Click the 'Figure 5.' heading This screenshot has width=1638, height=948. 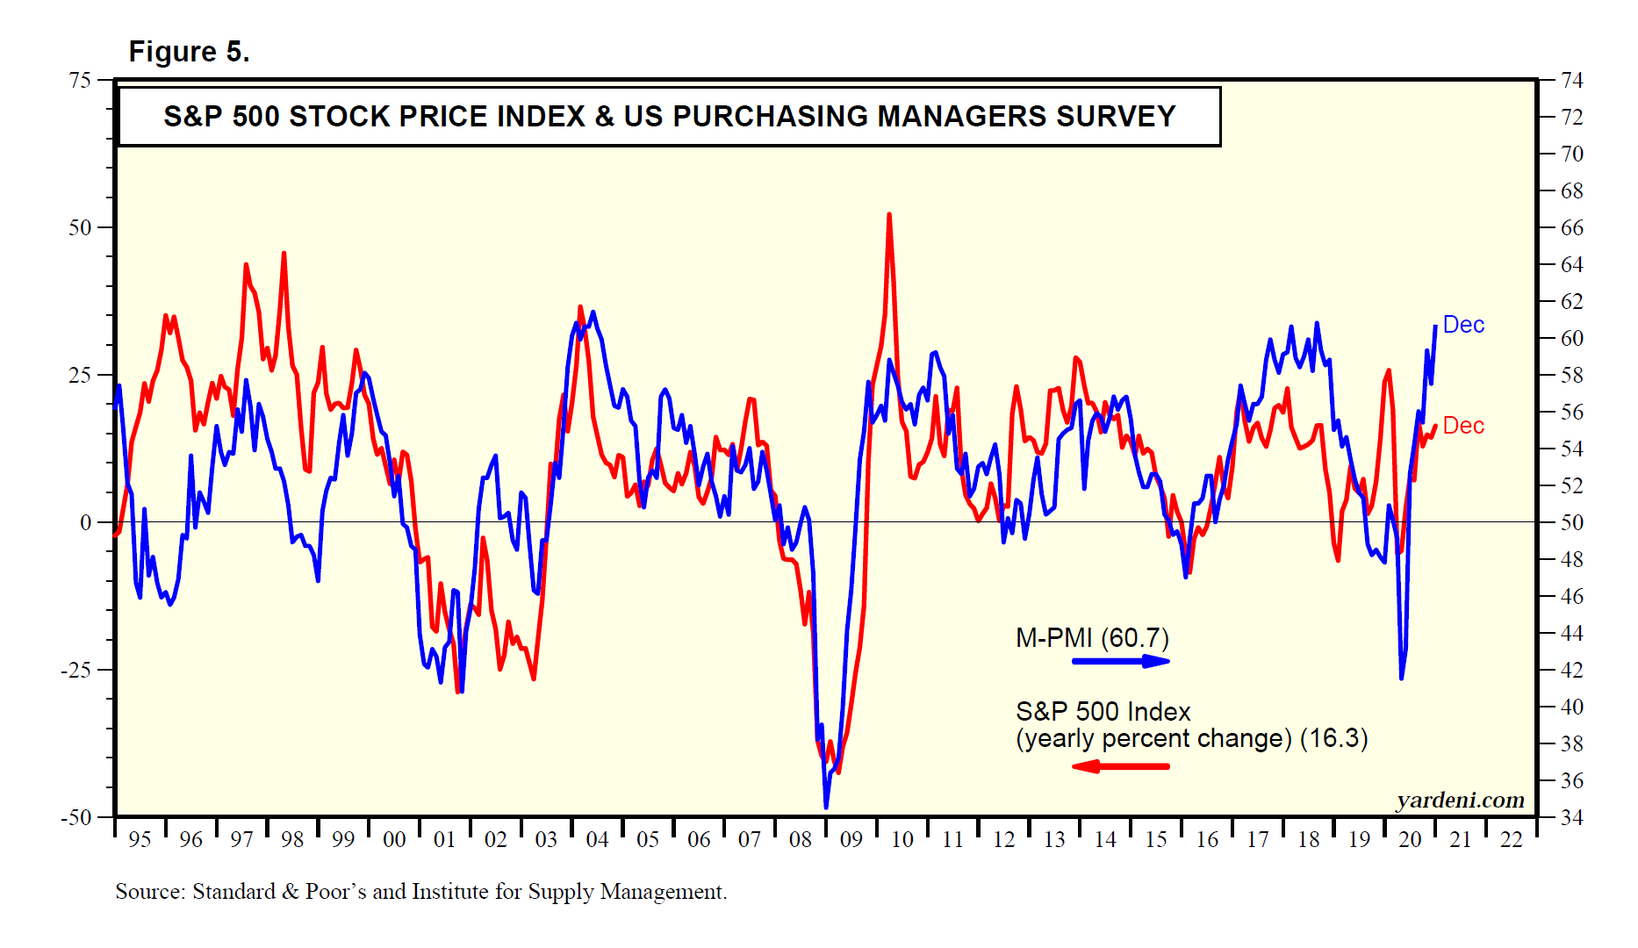coord(189,52)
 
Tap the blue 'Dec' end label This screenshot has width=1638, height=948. coord(1463,325)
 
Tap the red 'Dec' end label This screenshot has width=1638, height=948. coord(1463,426)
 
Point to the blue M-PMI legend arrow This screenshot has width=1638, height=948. coord(1121,661)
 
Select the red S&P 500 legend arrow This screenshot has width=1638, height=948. coord(1121,766)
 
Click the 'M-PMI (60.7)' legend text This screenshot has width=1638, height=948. coord(1092,637)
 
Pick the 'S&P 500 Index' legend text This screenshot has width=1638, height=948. coord(1103,711)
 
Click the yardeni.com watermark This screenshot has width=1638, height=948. coord(1460,800)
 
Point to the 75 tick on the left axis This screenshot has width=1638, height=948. coord(80,81)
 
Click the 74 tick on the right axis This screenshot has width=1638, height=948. coord(1572,81)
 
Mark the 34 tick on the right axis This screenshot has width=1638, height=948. coord(1572,817)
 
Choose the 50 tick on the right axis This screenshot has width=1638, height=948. coord(1572,522)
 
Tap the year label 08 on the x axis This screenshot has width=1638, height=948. coord(800,840)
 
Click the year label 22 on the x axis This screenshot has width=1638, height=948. coord(1511,840)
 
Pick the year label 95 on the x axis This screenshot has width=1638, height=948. coord(140,840)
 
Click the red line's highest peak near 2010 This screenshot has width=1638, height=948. coord(889,214)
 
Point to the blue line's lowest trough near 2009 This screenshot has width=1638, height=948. coord(826,807)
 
